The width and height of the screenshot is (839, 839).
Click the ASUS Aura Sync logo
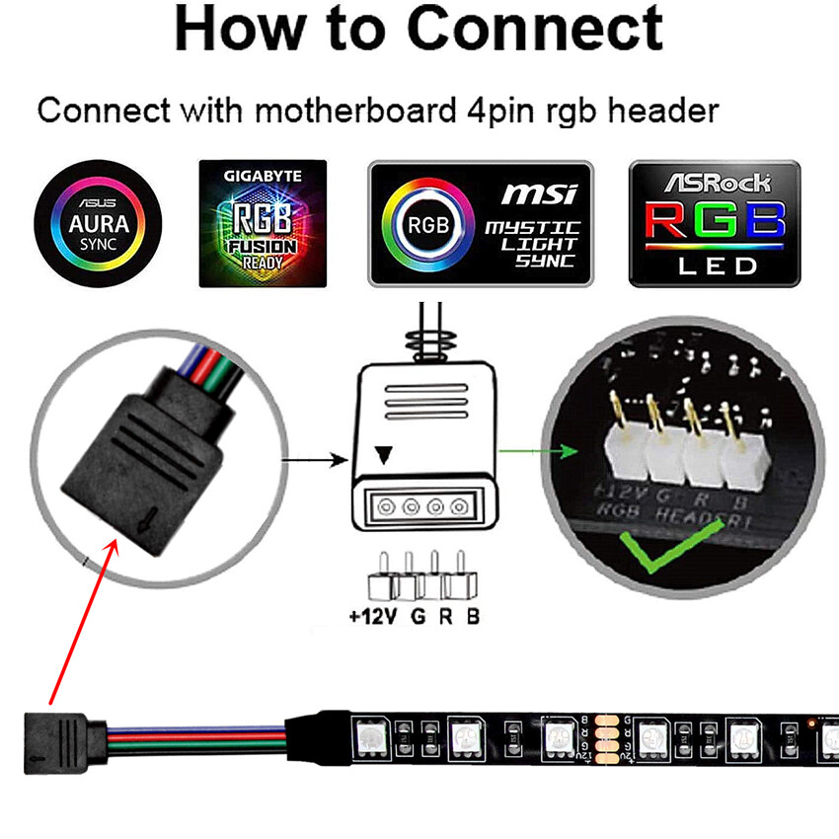[x=99, y=223]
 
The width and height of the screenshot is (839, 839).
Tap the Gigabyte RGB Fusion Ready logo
[x=263, y=223]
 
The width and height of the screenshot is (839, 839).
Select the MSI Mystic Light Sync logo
[x=481, y=224]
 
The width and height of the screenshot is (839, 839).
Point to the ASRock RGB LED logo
[x=715, y=224]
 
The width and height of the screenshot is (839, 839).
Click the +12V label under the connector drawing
[x=370, y=618]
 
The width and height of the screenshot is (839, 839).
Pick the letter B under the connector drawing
[x=473, y=618]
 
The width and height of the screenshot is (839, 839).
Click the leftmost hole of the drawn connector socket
[x=385, y=508]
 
